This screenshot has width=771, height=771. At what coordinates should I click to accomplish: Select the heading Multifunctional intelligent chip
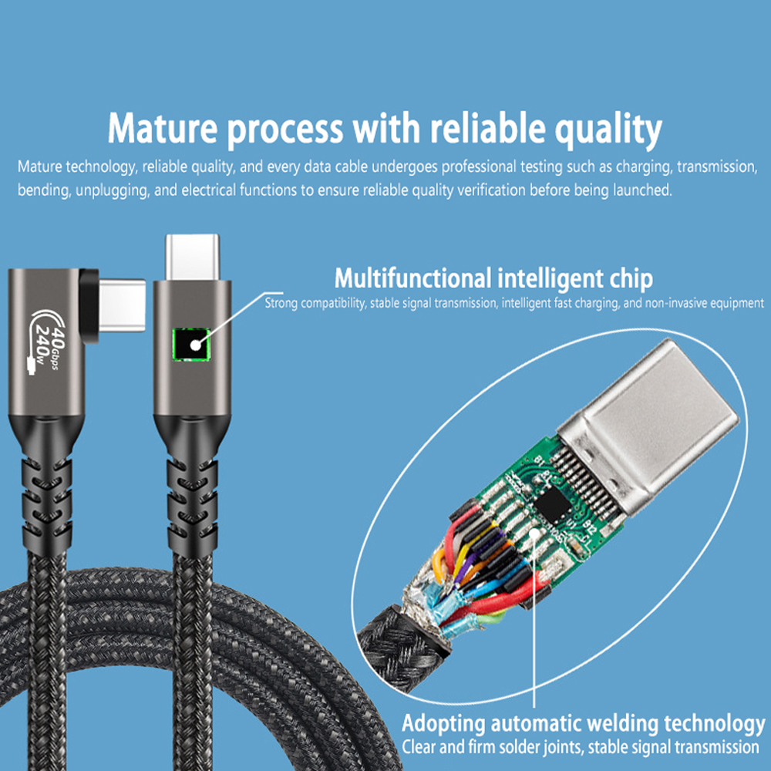pyautogui.click(x=493, y=278)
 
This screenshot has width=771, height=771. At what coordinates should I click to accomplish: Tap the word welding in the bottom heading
pyautogui.click(x=623, y=725)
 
